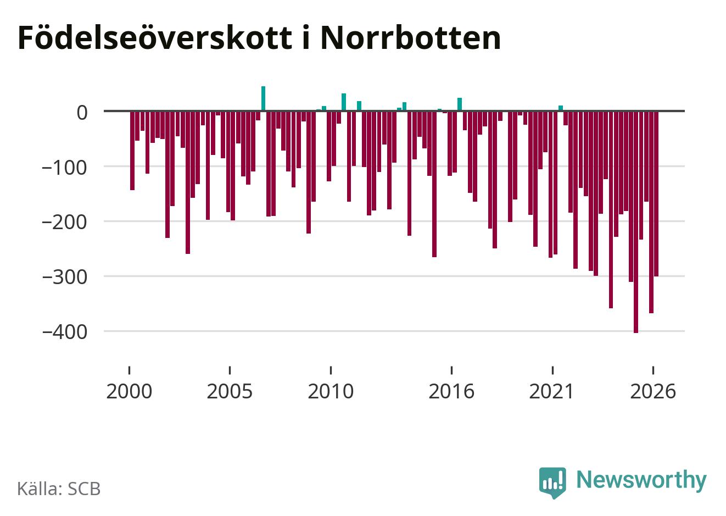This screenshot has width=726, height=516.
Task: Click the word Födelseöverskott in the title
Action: tap(155, 37)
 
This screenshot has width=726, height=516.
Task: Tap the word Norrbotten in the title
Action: tap(411, 37)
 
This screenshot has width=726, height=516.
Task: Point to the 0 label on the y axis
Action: tap(82, 113)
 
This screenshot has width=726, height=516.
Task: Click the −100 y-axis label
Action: tap(65, 168)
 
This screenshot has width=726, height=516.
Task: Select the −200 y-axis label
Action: tap(65, 223)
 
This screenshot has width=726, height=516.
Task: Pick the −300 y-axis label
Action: tap(65, 278)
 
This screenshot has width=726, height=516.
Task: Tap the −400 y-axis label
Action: tap(65, 332)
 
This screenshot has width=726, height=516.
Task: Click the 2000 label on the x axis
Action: tap(129, 391)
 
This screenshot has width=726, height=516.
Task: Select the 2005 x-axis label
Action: tap(230, 391)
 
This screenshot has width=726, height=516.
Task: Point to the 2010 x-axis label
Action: tap(331, 391)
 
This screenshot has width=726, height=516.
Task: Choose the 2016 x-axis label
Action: tap(451, 391)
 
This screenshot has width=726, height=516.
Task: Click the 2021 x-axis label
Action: tap(551, 391)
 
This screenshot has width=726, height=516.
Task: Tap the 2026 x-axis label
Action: tap(653, 391)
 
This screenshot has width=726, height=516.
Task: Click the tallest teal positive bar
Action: tap(263, 98)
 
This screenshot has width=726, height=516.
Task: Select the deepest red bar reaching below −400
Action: tap(636, 222)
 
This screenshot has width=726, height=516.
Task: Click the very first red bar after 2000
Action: tap(132, 151)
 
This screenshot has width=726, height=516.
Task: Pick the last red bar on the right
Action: tap(656, 193)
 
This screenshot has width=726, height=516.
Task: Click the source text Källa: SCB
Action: tap(59, 489)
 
